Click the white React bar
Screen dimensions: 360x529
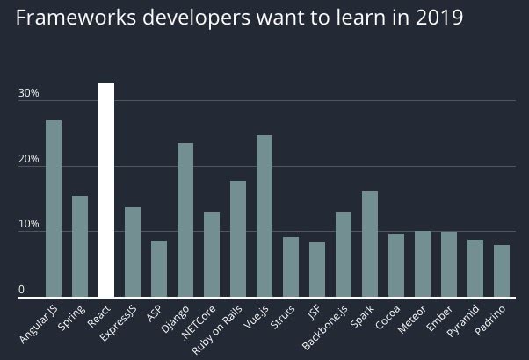106,191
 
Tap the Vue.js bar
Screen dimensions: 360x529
264,217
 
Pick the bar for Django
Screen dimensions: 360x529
185,220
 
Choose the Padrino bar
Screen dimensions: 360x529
502,271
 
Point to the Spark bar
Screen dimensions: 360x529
370,244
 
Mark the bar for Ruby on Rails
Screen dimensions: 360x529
238,239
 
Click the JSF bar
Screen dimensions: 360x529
317,270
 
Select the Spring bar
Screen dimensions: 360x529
80,247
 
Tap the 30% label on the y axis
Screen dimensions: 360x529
29,93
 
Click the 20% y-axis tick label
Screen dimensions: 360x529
29,160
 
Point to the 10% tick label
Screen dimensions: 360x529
29,226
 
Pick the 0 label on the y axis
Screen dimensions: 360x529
23,291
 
